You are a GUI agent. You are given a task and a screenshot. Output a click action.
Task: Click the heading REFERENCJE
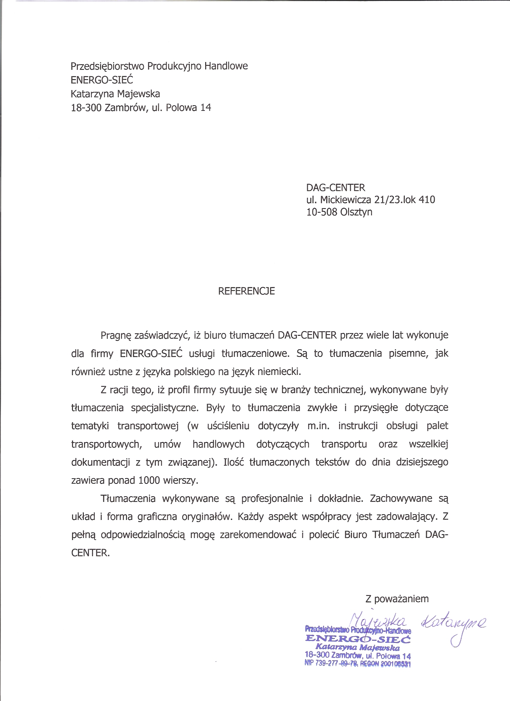tap(246, 291)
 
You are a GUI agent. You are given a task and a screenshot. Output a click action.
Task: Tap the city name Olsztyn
tap(356, 212)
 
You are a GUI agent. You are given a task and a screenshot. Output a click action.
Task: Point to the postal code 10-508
tap(321, 212)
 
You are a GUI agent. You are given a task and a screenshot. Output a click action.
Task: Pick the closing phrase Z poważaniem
tap(397, 599)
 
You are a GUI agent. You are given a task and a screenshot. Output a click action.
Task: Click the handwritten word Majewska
tap(378, 621)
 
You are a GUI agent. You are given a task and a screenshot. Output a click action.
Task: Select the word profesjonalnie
tap(272, 499)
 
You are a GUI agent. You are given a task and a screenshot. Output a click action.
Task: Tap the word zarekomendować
tap(258, 535)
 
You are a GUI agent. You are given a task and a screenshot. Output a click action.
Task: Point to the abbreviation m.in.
tap(318, 426)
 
